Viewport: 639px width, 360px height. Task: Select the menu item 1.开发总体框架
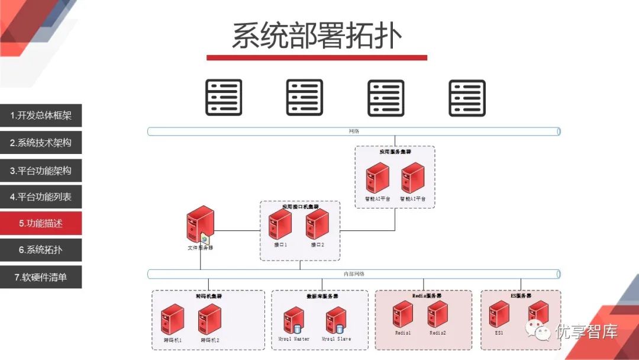[41, 116]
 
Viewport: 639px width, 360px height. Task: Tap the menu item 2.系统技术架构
[41, 143]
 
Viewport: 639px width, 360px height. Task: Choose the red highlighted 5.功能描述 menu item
[41, 223]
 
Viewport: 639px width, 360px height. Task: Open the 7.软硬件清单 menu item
[41, 277]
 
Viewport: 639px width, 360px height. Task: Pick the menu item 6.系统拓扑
[41, 250]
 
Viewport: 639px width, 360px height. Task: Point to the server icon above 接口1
[280, 224]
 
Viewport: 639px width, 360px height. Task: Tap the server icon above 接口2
[317, 224]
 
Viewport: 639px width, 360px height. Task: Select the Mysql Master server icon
[293, 321]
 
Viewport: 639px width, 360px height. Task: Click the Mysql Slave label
[336, 339]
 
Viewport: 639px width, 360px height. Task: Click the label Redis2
[437, 333]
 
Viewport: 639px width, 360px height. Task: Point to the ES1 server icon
[499, 314]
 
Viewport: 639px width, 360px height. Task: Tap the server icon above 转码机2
[209, 319]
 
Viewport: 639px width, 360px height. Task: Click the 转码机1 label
[173, 340]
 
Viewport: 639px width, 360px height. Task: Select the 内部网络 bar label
[354, 274]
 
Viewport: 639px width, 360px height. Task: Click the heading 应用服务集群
[395, 152]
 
